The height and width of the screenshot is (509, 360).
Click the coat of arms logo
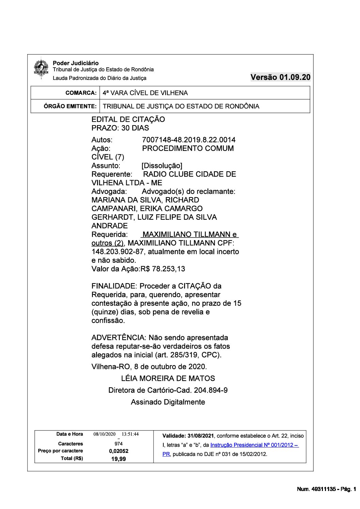tap(41, 69)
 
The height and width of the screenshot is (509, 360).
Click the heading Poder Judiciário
tap(76, 63)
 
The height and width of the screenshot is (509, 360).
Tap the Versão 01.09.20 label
tap(280, 77)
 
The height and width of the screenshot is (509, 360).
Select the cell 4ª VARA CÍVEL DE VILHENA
tap(145, 93)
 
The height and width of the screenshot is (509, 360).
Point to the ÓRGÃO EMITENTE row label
tap(70, 106)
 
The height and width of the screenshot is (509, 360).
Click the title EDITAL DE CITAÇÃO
tap(128, 119)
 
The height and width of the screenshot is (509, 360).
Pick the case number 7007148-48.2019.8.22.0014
tap(189, 140)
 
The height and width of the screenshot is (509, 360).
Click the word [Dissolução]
tap(162, 166)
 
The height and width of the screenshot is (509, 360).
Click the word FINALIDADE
tap(114, 286)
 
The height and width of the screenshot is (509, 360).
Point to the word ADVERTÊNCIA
tap(118, 338)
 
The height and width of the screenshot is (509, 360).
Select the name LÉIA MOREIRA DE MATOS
tap(168, 378)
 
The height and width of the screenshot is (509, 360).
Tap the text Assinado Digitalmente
tap(168, 402)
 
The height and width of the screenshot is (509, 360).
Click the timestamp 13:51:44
tap(130, 434)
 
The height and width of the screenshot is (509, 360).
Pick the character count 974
tap(119, 444)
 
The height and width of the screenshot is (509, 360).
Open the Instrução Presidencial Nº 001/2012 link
tap(254, 445)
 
